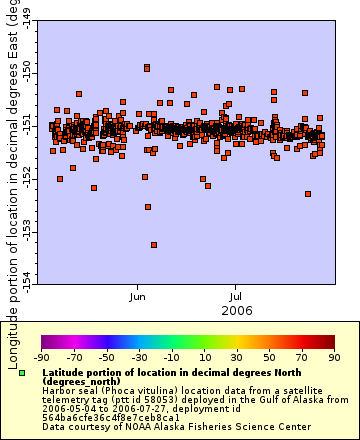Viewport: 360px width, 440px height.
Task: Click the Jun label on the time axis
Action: [x=139, y=296]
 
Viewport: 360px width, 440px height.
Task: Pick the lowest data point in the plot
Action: [x=153, y=245]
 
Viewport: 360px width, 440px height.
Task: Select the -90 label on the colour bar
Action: [x=41, y=357]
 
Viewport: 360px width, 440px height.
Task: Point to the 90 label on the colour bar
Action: [x=334, y=357]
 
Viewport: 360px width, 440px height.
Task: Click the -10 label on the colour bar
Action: [x=171, y=357]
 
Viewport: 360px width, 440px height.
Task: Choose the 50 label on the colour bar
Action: [x=269, y=357]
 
